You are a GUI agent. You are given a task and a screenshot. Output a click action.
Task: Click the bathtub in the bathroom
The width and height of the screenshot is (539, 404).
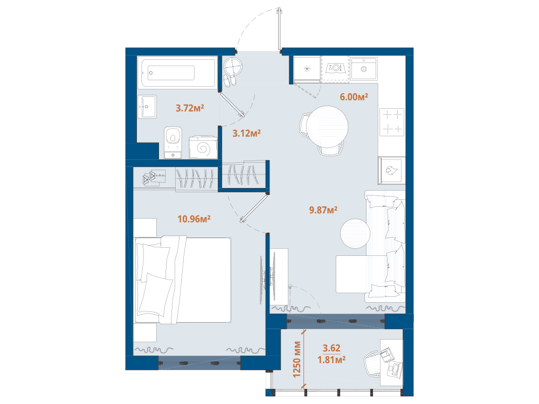178,73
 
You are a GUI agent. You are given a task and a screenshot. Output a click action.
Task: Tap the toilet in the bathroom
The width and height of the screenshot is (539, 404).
173,142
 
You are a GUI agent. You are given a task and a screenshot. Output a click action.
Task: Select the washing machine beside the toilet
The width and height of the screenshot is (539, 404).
203,147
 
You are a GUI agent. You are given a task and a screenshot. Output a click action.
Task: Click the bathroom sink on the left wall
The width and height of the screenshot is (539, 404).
147,107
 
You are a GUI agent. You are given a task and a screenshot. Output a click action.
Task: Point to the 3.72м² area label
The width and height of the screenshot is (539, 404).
190,108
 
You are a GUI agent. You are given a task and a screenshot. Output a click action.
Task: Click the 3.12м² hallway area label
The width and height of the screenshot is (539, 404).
246,133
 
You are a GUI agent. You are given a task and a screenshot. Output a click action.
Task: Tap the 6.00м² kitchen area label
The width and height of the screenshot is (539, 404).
354,96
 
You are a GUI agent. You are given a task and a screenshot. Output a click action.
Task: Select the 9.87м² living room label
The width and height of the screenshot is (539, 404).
323,210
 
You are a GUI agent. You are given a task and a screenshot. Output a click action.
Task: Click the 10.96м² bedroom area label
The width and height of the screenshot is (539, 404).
194,219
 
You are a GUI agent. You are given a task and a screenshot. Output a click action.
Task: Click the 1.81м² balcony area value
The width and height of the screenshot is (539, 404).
331,360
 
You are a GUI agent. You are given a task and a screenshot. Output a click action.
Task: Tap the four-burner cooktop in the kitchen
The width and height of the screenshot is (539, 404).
392,122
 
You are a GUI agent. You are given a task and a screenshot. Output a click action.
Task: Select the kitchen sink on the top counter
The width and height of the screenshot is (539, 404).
364,69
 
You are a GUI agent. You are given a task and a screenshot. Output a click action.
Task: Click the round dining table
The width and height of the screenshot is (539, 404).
327,127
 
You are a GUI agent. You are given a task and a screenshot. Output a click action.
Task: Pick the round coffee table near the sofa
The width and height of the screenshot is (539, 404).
355,234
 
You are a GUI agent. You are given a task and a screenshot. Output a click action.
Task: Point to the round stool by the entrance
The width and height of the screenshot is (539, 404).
233,66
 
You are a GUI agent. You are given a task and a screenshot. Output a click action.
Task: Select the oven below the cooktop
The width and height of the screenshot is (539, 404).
392,170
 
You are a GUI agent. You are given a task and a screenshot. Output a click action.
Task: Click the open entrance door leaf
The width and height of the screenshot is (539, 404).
279,29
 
